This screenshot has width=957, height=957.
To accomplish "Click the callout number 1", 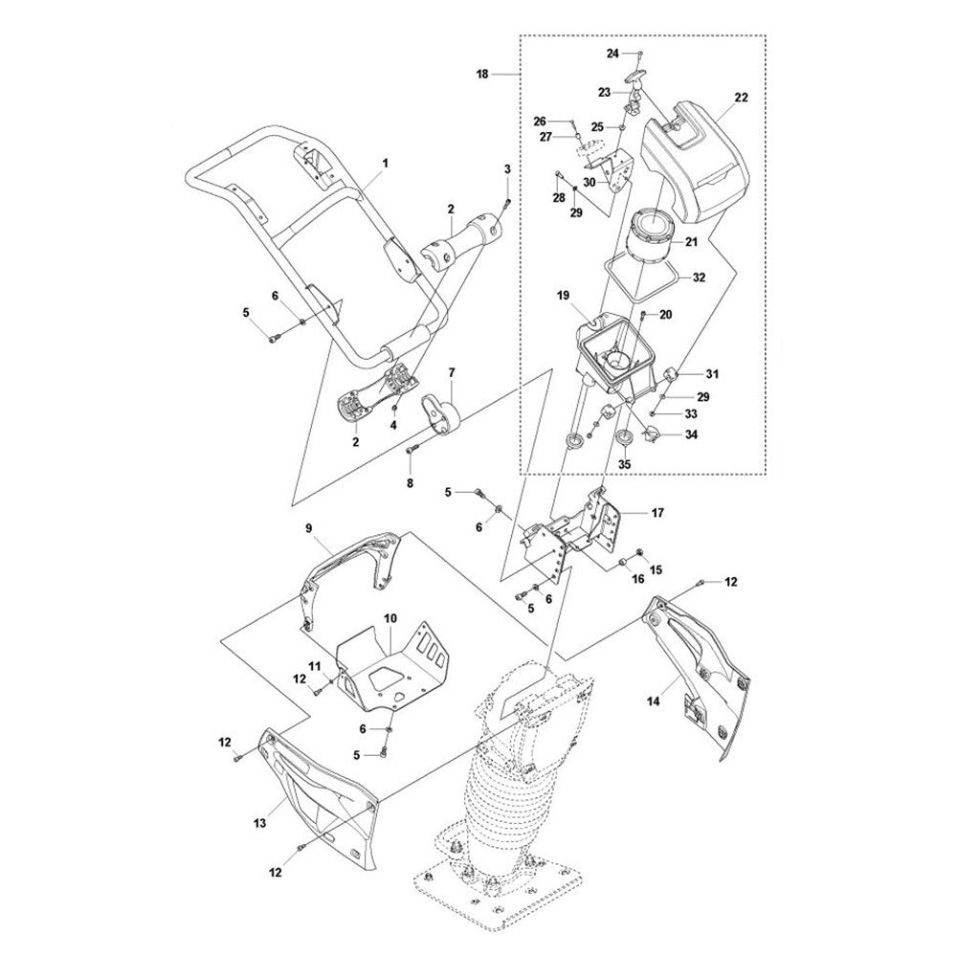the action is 385,164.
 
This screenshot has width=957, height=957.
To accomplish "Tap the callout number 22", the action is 741,98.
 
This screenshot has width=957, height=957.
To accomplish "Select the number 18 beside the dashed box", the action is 482,75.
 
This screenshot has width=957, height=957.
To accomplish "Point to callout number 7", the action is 452,371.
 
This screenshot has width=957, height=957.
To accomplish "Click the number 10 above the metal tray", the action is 390,619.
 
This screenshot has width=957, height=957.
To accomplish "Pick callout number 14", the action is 653,701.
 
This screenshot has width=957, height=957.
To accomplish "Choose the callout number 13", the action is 260,823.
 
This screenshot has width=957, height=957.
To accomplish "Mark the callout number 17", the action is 657,513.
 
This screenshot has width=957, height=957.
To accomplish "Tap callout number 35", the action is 624,464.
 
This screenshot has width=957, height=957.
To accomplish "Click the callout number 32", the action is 699,278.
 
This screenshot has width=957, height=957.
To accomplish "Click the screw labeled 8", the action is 411,450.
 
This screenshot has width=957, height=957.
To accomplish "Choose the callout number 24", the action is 612,54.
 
